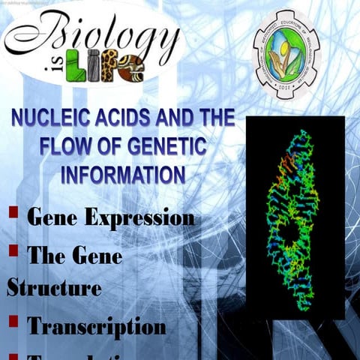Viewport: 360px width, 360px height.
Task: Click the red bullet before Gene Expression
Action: [13, 212]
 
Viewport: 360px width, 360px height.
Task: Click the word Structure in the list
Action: [53, 287]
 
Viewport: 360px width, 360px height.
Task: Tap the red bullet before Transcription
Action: [13, 321]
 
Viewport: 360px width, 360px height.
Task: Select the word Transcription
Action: [96, 327]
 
